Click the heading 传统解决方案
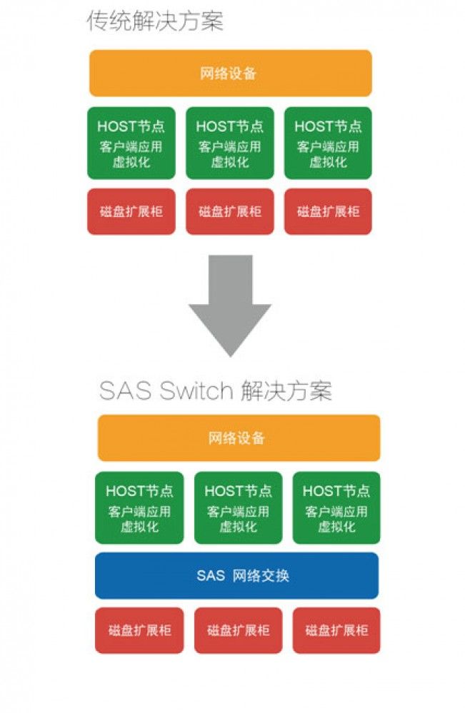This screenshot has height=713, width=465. pos(155,21)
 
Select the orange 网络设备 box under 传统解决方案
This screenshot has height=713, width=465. pos(231,74)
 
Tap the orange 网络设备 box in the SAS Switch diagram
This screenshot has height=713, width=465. pos(239,438)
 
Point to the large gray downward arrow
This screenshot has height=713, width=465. pos(230,305)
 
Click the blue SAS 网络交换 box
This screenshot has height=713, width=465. pos(236,576)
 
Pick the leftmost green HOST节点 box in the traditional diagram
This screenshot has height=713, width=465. pos(131,143)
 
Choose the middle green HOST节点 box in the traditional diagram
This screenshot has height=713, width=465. pos(230,143)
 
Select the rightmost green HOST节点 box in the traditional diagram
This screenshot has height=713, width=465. pos(328,143)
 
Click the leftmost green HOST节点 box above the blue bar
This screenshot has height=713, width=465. pos(139,507)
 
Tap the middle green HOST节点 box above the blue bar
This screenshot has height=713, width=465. pos(238,507)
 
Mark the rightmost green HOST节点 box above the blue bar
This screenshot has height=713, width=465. pos(336,507)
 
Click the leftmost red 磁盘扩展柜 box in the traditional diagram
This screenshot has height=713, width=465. pos(131,211)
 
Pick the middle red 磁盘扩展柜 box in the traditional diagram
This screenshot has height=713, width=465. pos(230,211)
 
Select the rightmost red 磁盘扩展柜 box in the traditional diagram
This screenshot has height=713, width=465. pos(328,211)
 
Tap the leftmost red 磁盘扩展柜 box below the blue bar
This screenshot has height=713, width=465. pos(139,630)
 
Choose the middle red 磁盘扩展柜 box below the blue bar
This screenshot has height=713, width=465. pos(238,630)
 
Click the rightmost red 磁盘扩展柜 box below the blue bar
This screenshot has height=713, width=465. pos(336,630)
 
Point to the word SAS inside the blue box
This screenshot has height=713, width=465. pos(211,576)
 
